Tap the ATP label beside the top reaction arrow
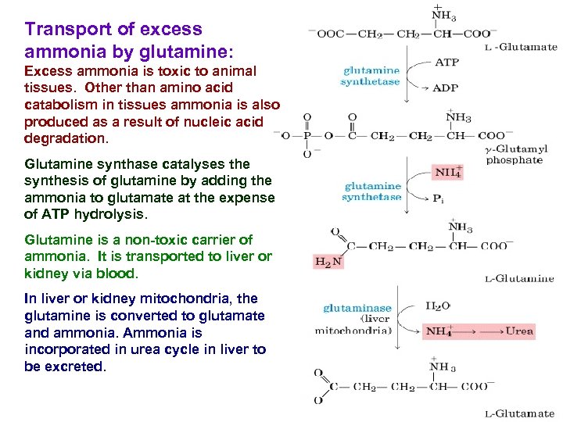pyautogui.click(x=446, y=62)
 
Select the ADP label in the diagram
pyautogui.click(x=446, y=88)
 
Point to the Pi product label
pyautogui.click(x=439, y=198)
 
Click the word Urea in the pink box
pyautogui.click(x=519, y=331)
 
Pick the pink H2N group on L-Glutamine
pyautogui.click(x=328, y=262)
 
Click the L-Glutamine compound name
pyautogui.click(x=519, y=279)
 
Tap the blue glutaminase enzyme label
pyautogui.click(x=357, y=308)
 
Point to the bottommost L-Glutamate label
pyautogui.click(x=519, y=413)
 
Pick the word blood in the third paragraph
pyautogui.click(x=117, y=274)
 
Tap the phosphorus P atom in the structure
pyautogui.click(x=306, y=136)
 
